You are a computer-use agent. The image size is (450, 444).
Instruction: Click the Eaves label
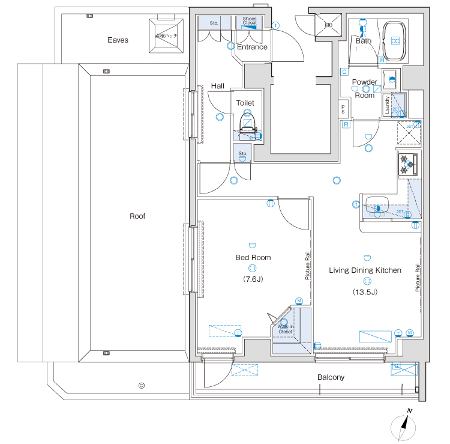coord(118,40)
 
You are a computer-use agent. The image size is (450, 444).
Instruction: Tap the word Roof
coord(137,216)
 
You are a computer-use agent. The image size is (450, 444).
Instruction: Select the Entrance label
coord(252,47)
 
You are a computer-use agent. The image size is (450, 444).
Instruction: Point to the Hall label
coord(217,87)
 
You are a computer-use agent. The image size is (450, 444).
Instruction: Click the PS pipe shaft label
coord(343,109)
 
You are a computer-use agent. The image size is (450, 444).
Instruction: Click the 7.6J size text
coord(253,279)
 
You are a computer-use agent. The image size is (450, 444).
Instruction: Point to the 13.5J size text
coord(365,293)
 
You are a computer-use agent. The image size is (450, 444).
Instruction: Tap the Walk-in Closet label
coord(285,329)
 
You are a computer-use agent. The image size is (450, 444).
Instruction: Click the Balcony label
coord(331,377)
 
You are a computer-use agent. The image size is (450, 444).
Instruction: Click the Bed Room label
coord(253,257)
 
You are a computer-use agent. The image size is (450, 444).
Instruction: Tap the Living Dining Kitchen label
coord(365,270)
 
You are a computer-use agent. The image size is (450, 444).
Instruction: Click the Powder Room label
coord(364,88)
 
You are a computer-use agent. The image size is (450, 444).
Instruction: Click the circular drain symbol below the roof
coord(142,385)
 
